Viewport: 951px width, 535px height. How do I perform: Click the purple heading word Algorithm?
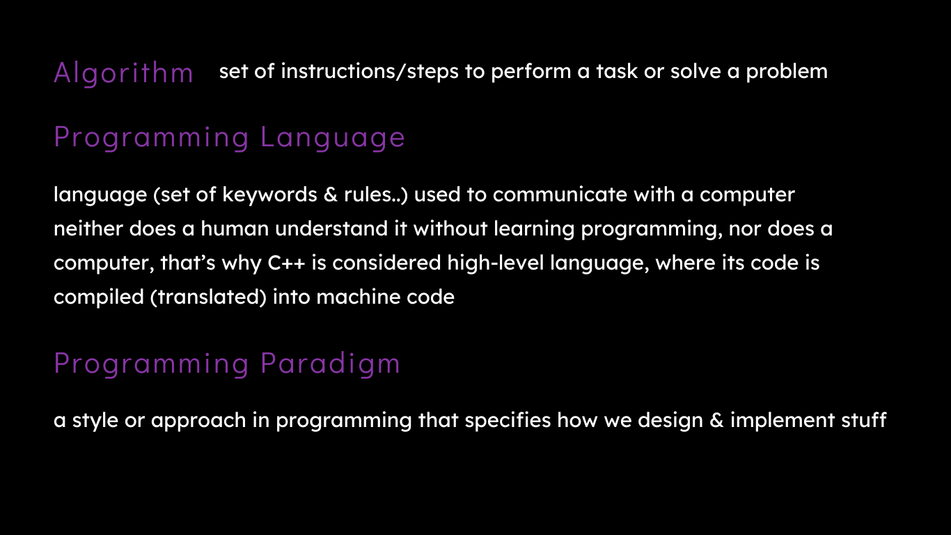(x=123, y=73)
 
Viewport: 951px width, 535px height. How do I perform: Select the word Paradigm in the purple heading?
(x=330, y=364)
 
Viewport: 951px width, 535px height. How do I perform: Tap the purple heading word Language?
(x=333, y=138)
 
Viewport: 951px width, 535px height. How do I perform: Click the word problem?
(x=787, y=72)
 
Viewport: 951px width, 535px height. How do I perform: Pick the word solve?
(x=695, y=71)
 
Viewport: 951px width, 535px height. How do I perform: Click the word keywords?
(x=269, y=195)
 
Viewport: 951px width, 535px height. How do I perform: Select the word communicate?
(x=560, y=194)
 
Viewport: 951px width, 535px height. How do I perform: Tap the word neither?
(x=88, y=228)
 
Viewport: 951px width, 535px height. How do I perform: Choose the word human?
(x=235, y=228)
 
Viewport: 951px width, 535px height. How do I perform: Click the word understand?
(x=331, y=228)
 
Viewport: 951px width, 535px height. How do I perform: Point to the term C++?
(x=286, y=263)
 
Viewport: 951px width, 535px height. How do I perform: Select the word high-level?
(x=496, y=263)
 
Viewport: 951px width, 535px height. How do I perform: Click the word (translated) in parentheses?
(x=208, y=297)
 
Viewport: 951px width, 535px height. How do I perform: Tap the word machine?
(x=359, y=297)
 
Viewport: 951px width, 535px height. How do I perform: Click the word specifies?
(x=508, y=421)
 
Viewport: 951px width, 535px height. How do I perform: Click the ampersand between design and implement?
(x=716, y=420)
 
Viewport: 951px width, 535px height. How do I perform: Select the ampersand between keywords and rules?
(x=330, y=195)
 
